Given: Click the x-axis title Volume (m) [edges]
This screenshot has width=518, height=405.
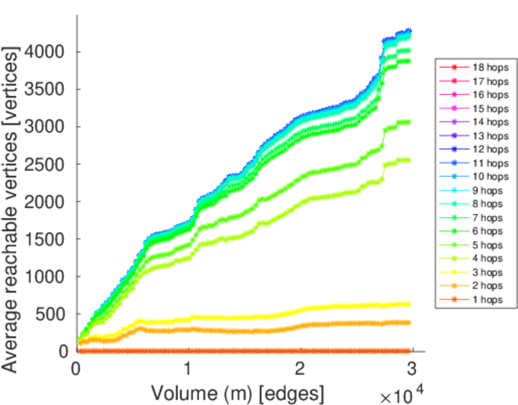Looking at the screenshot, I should [x=238, y=391].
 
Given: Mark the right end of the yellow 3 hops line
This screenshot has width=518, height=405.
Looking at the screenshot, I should [x=409, y=304].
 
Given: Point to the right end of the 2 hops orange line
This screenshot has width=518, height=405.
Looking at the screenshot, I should [x=409, y=323].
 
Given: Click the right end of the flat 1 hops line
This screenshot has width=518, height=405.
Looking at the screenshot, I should [x=409, y=351].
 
